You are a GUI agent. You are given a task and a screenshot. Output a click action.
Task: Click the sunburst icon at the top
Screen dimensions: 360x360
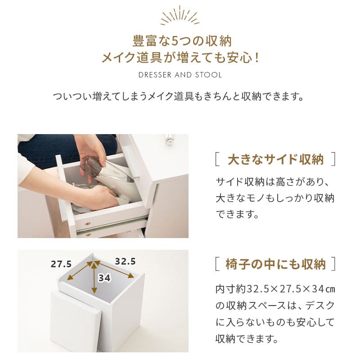[x=180, y=17]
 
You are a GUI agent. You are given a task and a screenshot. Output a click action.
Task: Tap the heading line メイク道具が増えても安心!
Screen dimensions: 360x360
[x=180, y=58]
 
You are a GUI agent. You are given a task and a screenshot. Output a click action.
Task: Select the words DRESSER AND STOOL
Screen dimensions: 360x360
[x=180, y=75]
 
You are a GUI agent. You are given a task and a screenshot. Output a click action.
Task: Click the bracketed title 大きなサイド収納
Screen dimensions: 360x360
[x=276, y=159]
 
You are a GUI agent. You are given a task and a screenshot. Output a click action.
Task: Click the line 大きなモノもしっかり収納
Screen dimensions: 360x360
[x=275, y=198]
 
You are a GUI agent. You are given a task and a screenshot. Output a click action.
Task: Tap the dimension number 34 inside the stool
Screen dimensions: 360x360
[x=104, y=278]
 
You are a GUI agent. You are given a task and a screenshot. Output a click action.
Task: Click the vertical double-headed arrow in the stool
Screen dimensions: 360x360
[x=94, y=279]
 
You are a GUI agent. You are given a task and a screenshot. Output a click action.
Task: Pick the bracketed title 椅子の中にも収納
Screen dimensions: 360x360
[x=276, y=264]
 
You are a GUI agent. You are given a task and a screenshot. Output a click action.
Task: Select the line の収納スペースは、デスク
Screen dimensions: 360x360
[x=275, y=306]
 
